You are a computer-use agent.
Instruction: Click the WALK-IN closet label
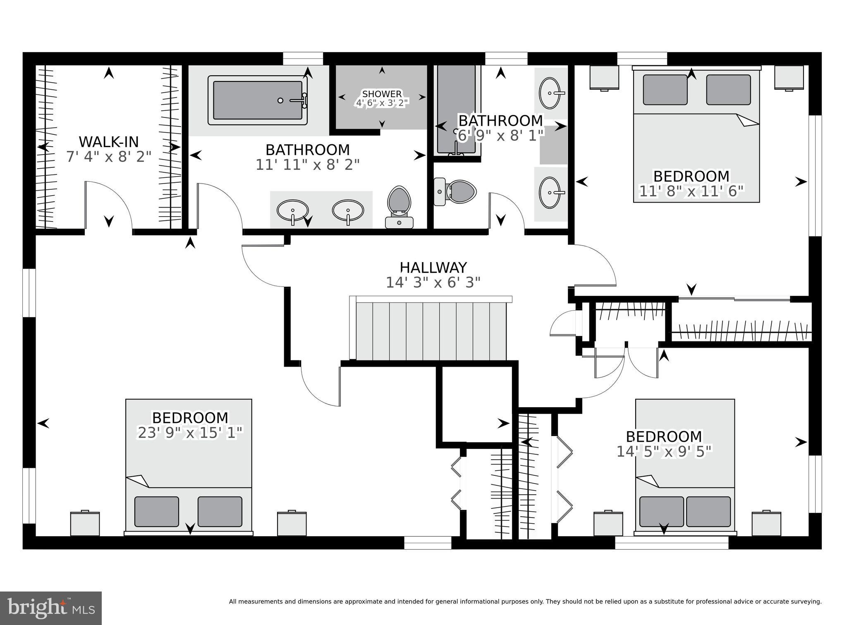click(109, 142)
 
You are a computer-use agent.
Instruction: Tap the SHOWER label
click(382, 94)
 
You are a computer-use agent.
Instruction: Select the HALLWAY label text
click(433, 267)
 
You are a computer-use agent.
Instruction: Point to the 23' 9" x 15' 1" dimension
click(190, 433)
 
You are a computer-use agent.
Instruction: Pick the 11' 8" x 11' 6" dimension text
click(691, 191)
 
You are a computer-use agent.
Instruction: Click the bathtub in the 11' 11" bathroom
click(258, 100)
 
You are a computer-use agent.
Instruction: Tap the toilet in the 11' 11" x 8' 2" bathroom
click(399, 207)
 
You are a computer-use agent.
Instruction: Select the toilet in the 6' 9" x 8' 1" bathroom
click(455, 191)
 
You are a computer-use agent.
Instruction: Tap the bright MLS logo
click(51, 608)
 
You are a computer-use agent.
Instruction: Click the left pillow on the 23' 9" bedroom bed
click(157, 511)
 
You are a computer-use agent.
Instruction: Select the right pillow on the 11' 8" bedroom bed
click(728, 90)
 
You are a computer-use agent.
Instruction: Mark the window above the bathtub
click(303, 58)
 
